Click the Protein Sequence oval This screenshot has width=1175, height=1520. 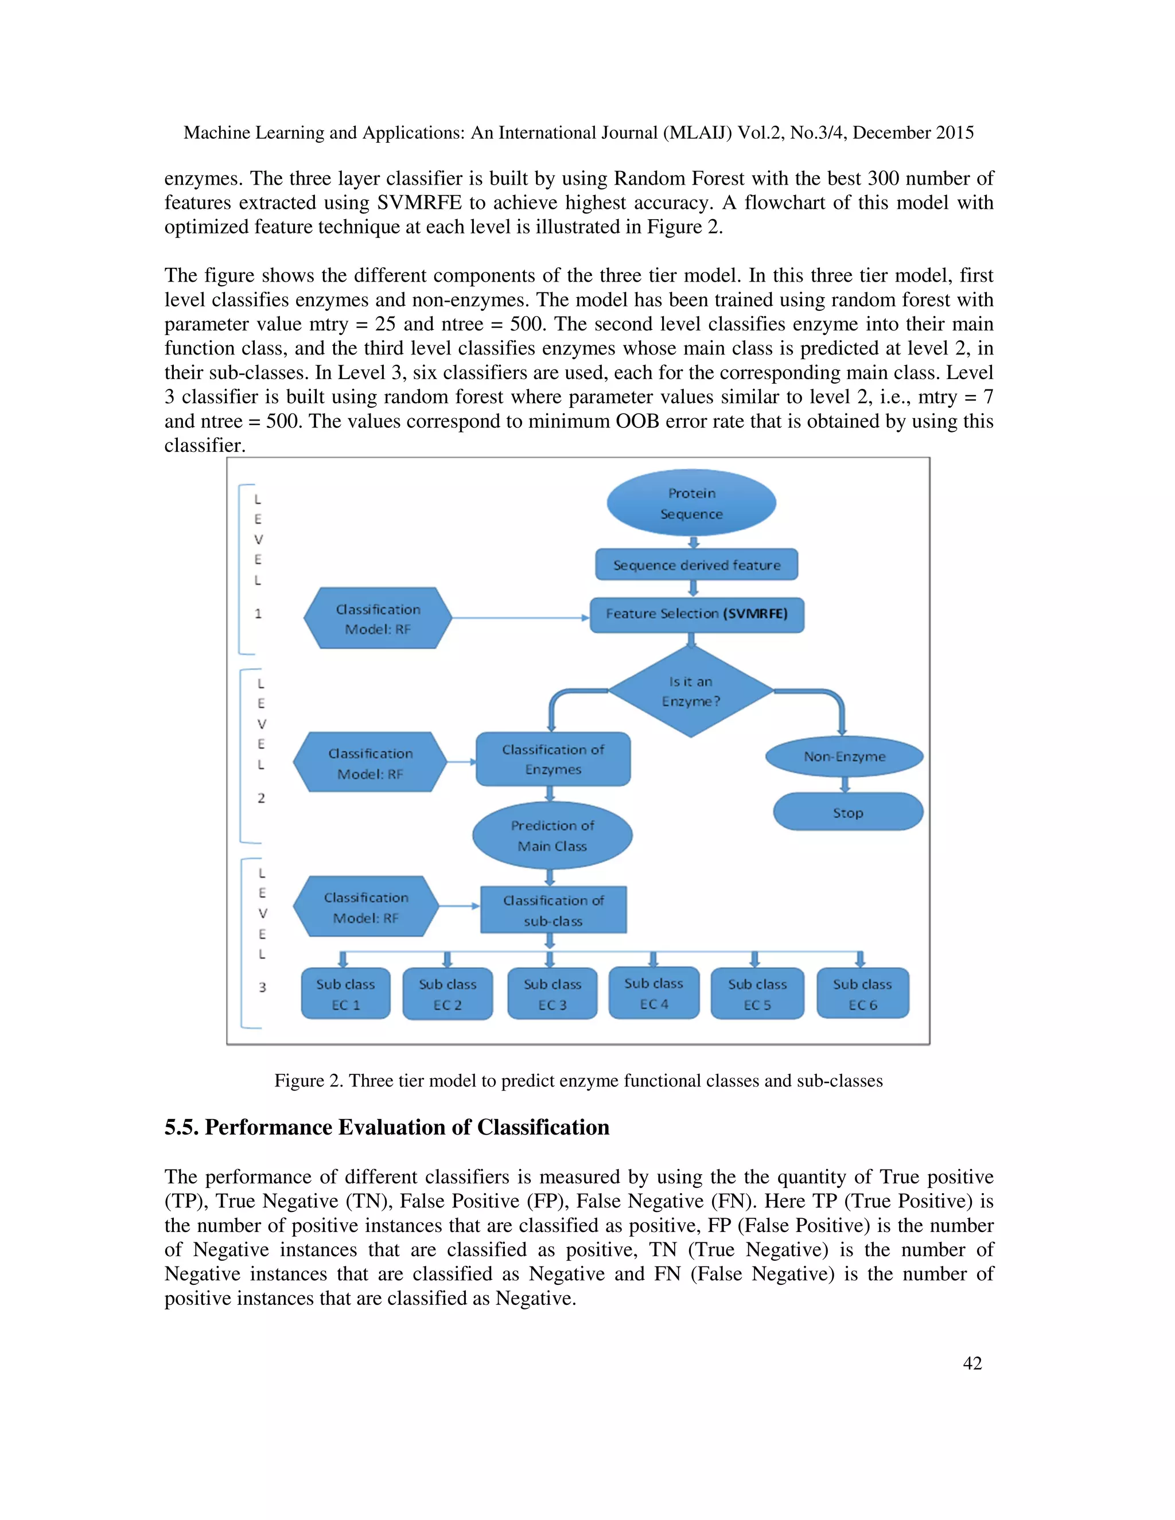click(x=691, y=503)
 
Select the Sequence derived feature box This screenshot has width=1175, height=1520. click(x=696, y=564)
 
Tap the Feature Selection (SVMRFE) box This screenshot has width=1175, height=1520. click(x=697, y=614)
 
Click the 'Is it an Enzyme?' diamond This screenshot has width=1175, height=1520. click(x=691, y=691)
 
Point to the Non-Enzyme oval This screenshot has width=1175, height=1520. click(x=845, y=757)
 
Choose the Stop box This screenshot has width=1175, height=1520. click(x=848, y=812)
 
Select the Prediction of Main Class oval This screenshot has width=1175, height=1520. click(x=552, y=835)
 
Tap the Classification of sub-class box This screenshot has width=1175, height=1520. click(x=554, y=910)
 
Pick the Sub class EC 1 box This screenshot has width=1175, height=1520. click(x=345, y=994)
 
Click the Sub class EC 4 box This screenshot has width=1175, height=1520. click(x=653, y=993)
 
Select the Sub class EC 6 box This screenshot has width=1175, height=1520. click(x=862, y=994)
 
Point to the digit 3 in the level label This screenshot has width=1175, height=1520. click(x=262, y=987)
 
